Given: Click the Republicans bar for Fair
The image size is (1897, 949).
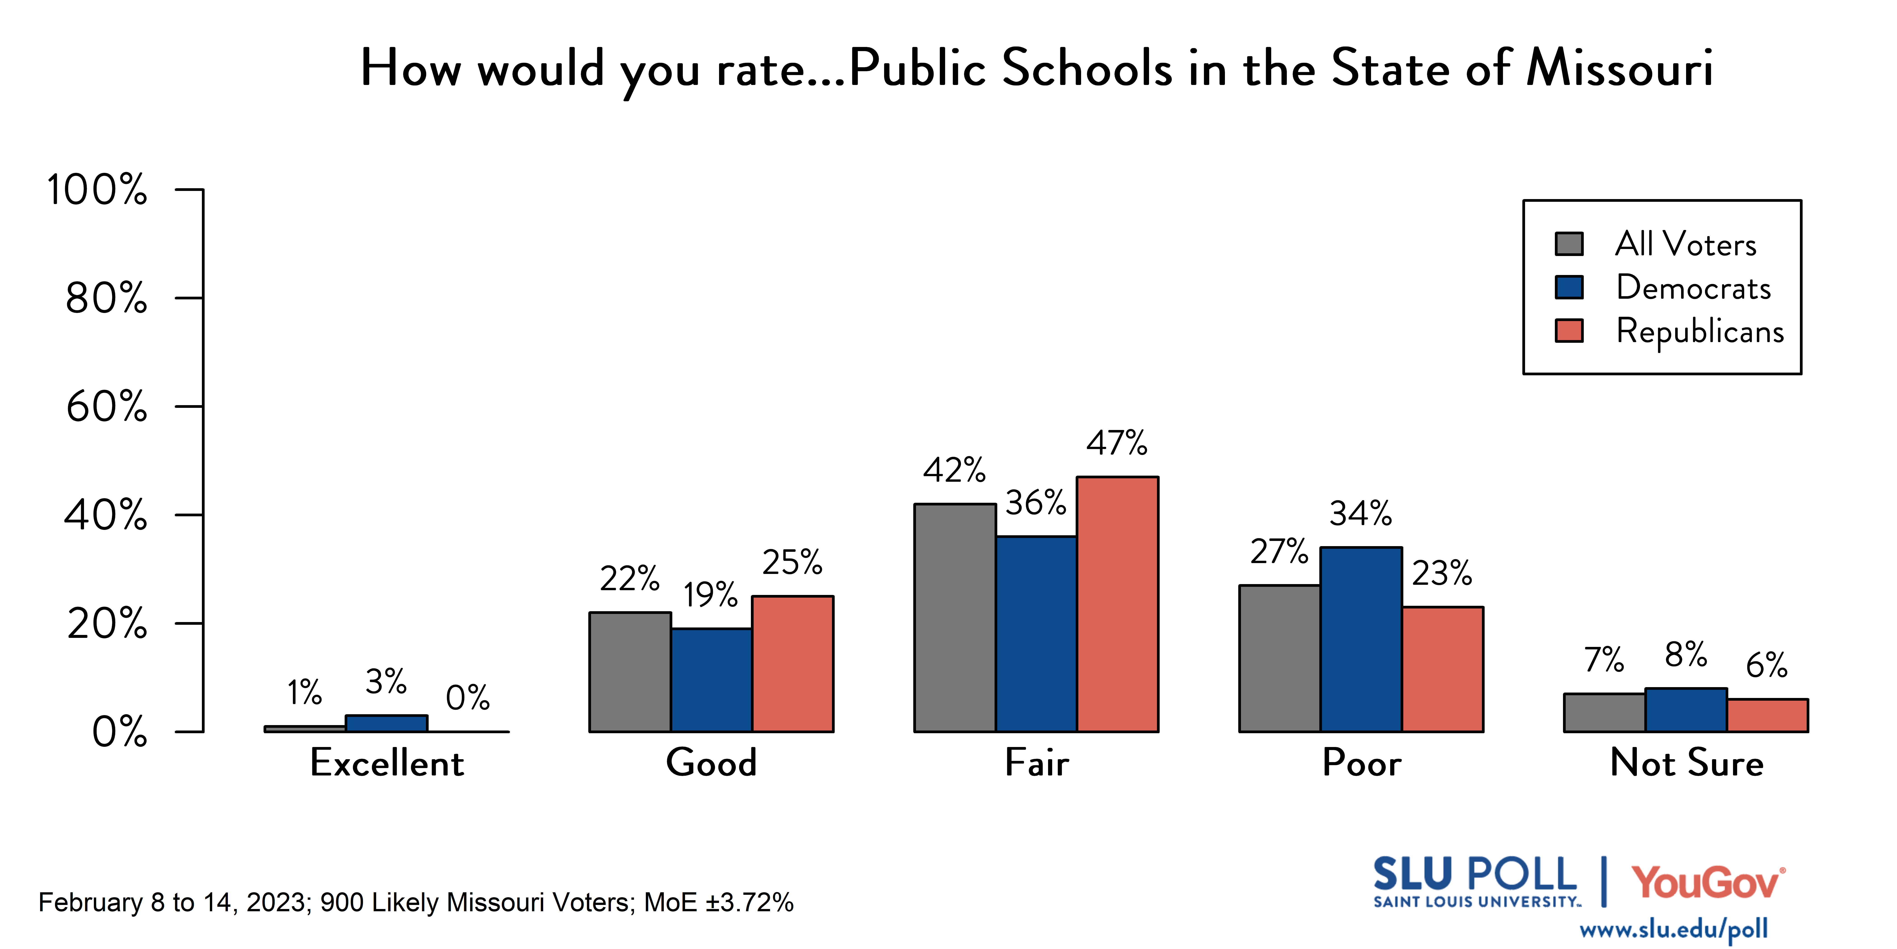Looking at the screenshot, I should coord(1117,604).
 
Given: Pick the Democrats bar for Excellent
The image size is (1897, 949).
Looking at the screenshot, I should coord(387,723).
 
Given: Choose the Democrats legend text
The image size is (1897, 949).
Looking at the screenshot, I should coord(1693,287).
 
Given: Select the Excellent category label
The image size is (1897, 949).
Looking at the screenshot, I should coord(387,763).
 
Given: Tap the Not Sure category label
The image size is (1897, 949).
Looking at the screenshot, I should coord(1686,763).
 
